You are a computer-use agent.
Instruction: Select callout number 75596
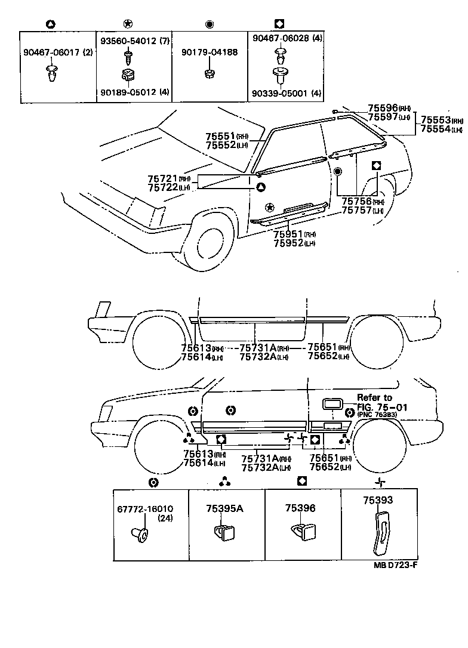click(382, 107)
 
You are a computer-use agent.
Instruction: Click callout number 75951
click(288, 233)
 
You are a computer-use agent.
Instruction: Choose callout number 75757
click(356, 211)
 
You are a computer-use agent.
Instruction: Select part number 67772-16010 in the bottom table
click(145, 509)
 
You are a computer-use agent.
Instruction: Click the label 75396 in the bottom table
click(300, 508)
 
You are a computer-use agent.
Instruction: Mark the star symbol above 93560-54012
click(127, 24)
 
